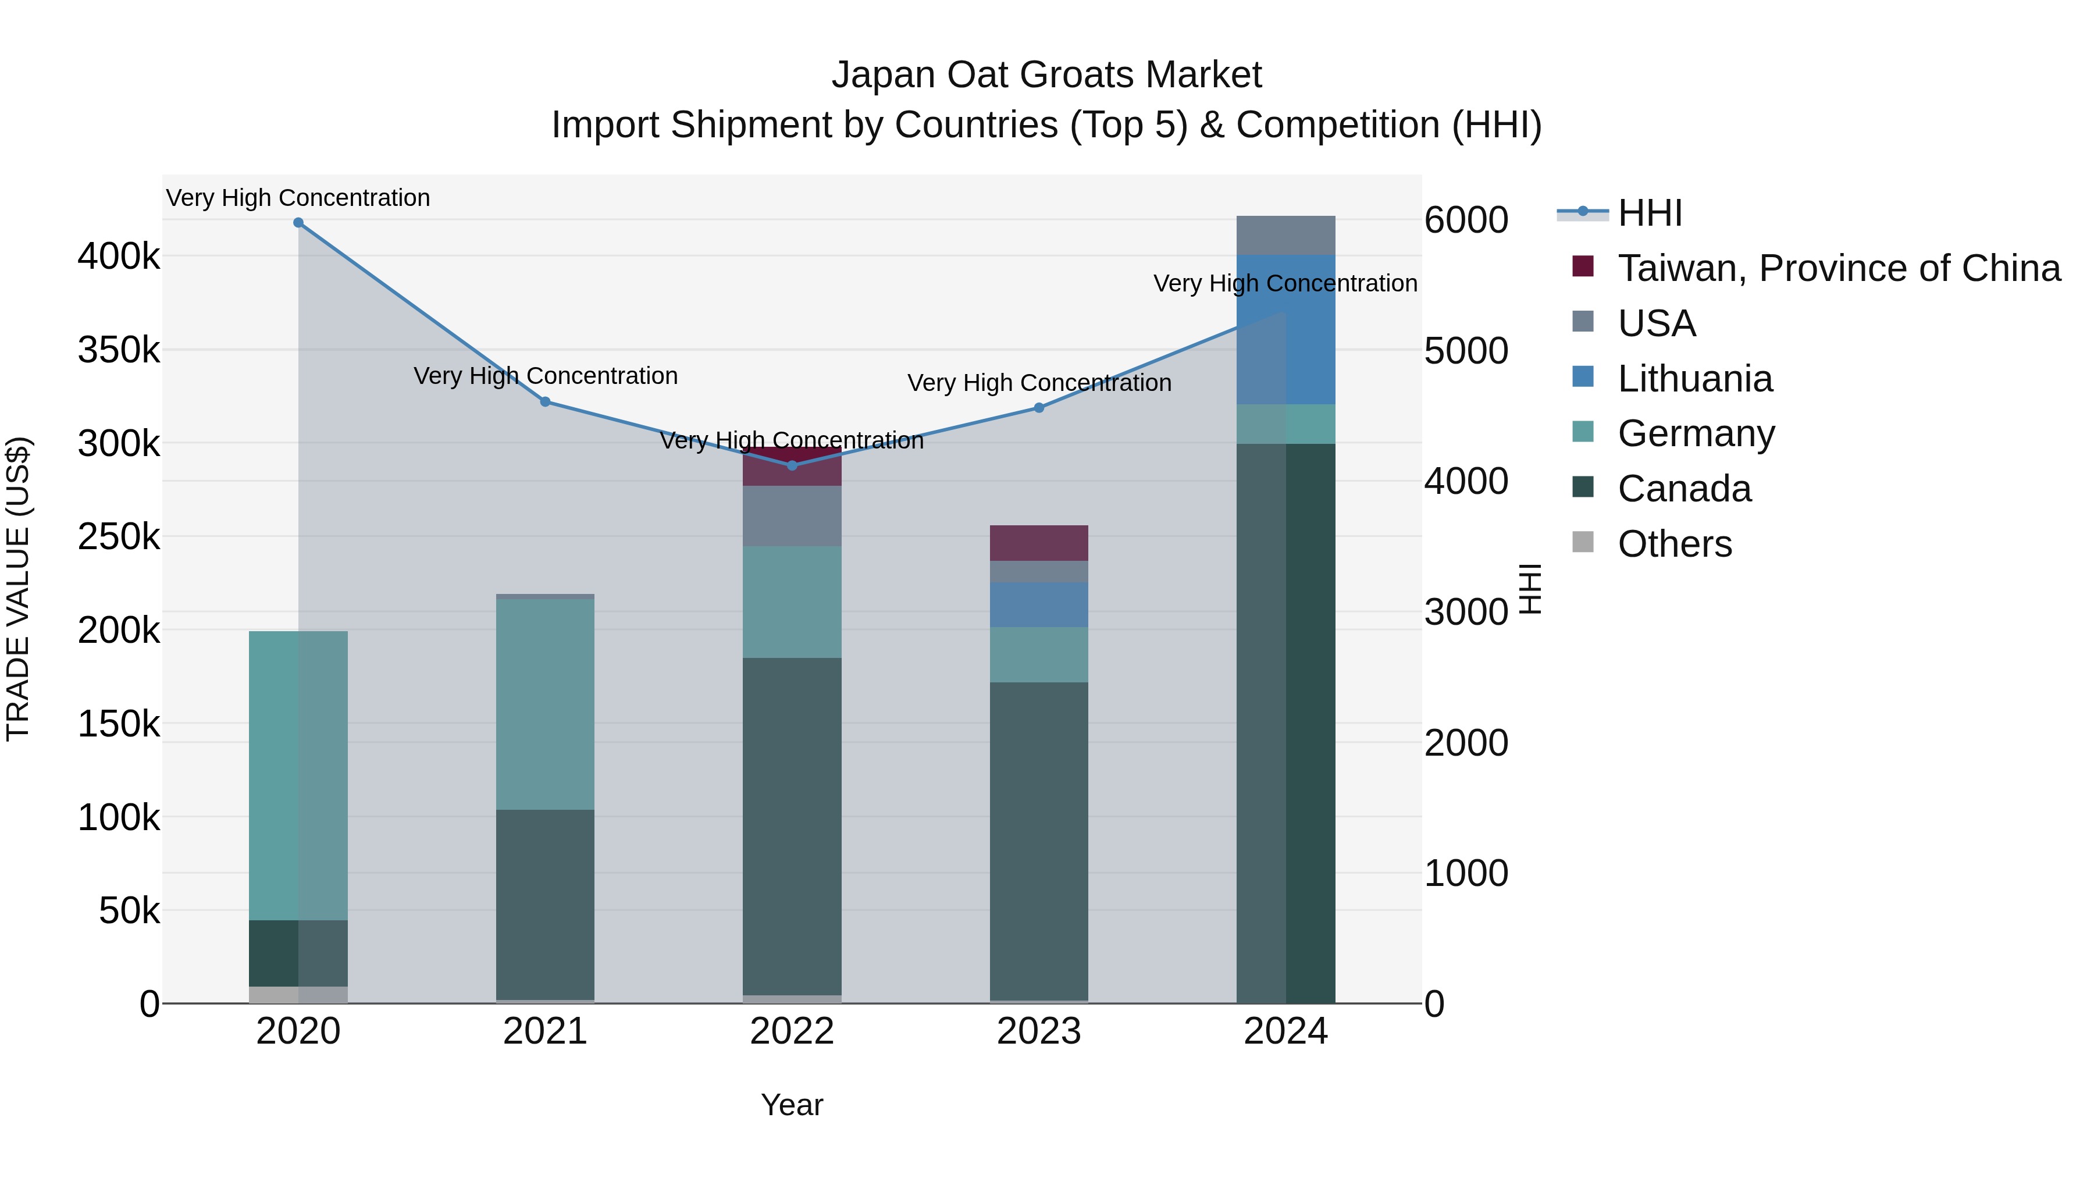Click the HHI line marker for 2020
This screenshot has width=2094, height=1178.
click(x=298, y=223)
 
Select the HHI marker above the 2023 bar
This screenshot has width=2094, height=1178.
click(x=1039, y=408)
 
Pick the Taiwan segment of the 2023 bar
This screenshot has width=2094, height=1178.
click(x=1039, y=543)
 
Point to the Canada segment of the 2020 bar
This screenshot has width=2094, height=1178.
click(x=298, y=953)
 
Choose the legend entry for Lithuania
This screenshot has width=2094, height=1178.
click(x=1695, y=379)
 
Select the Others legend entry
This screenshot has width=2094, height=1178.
click(x=1675, y=544)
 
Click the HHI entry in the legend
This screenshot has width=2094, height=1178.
click(x=1650, y=213)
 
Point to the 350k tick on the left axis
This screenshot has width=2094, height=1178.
click(x=119, y=350)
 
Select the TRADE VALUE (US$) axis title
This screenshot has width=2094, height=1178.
click(x=18, y=589)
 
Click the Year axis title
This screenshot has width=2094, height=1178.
click(x=792, y=1105)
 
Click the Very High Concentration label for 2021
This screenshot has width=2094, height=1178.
click(x=546, y=376)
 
